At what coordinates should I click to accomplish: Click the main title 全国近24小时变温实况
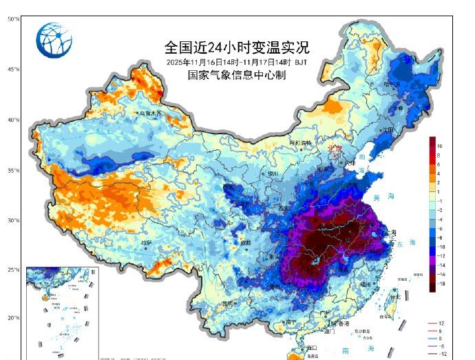pyautogui.click(x=237, y=47)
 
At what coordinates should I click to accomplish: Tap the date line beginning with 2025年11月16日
pyautogui.click(x=237, y=62)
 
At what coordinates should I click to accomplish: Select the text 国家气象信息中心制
pyautogui.click(x=237, y=75)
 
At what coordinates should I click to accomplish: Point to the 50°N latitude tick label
pyautogui.click(x=13, y=19)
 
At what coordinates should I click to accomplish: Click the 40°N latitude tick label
pyautogui.click(x=13, y=120)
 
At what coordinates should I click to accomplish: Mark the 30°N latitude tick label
pyautogui.click(x=13, y=220)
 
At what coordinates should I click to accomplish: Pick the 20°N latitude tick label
pyautogui.click(x=13, y=318)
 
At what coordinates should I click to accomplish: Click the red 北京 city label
pyautogui.click(x=335, y=148)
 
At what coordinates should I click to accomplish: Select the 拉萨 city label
pyautogui.click(x=145, y=242)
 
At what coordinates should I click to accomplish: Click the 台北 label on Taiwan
pyautogui.click(x=395, y=297)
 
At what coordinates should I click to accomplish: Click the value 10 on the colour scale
pyautogui.click(x=439, y=147)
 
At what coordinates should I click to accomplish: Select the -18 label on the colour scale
pyautogui.click(x=441, y=283)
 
